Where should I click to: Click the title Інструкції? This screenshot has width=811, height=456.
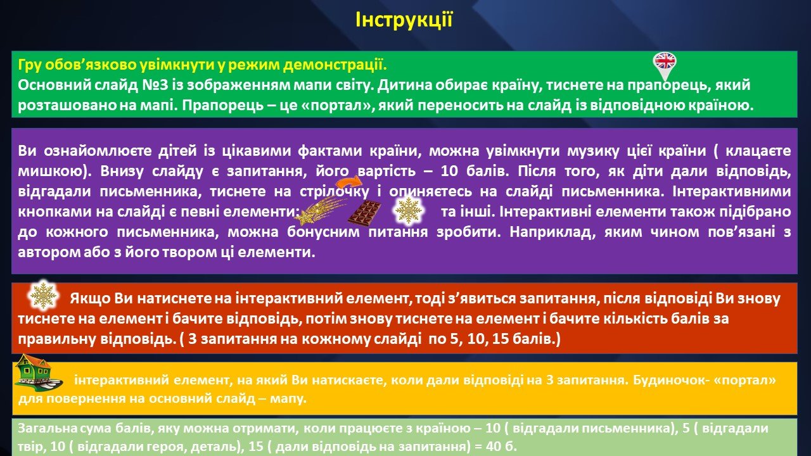(x=404, y=20)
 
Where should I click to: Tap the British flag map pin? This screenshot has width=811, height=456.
(x=665, y=66)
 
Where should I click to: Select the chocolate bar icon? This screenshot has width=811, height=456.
(x=364, y=212)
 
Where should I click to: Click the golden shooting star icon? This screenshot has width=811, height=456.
(x=321, y=210)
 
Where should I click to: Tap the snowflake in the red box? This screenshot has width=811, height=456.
(x=42, y=295)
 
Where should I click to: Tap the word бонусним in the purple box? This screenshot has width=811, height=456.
(x=323, y=232)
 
